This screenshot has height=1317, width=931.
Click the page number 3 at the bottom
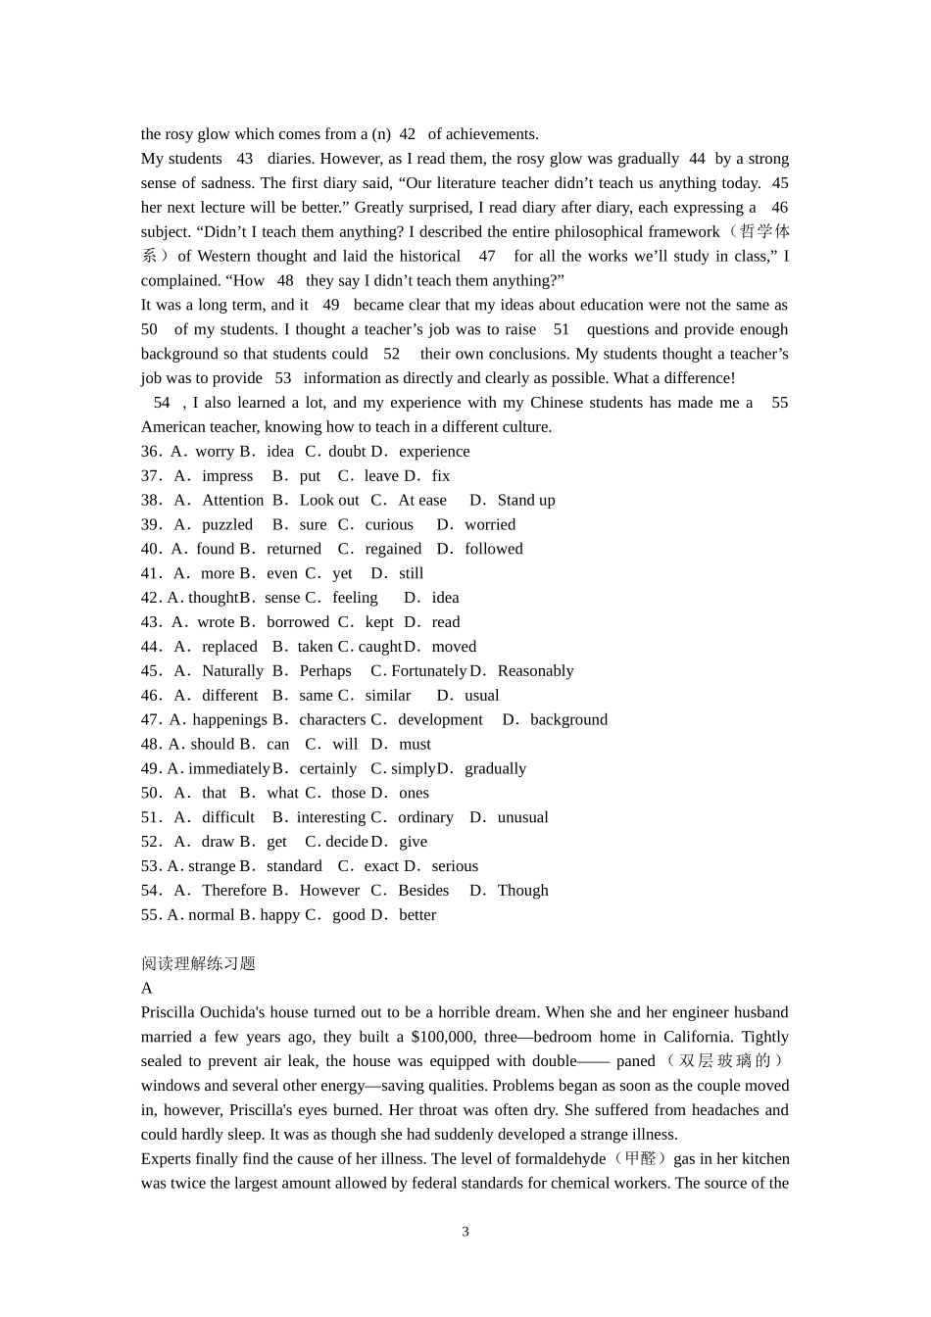tap(465, 1232)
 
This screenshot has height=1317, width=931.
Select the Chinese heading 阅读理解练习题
tap(198, 963)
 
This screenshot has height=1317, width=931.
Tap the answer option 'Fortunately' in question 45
tap(428, 670)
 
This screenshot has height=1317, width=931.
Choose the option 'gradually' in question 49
tap(495, 768)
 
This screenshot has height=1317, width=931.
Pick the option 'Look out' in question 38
tap(329, 500)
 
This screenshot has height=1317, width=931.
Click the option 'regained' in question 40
tap(393, 549)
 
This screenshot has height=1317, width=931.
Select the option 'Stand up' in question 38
tap(526, 500)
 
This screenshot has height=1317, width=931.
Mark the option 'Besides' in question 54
tap(423, 890)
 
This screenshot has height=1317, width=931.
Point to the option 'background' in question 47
tap(568, 719)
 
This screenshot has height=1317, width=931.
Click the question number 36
tap(151, 452)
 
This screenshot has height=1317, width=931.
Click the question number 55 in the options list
tap(151, 914)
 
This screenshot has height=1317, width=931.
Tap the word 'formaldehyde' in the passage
tap(561, 1158)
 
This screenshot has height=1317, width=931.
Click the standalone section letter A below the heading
tap(147, 988)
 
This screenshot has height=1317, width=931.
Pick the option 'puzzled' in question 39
tap(227, 524)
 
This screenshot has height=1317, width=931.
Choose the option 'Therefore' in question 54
tap(234, 890)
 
